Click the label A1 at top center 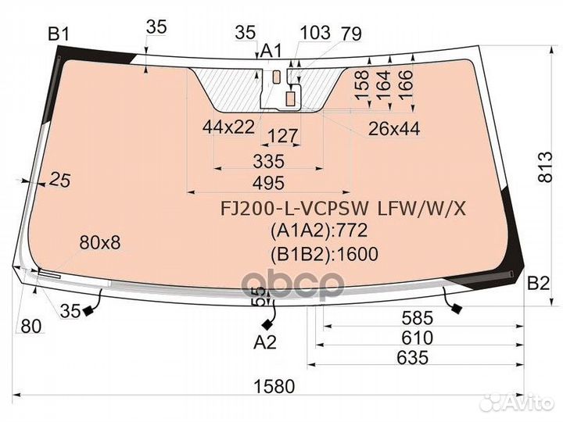[271, 51]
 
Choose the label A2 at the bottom [265, 342]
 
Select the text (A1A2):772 [318, 231]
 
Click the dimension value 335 [268, 162]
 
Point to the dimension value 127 [282, 138]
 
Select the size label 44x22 [228, 126]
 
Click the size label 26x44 [393, 129]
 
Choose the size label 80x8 [100, 243]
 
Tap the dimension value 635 [412, 358]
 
